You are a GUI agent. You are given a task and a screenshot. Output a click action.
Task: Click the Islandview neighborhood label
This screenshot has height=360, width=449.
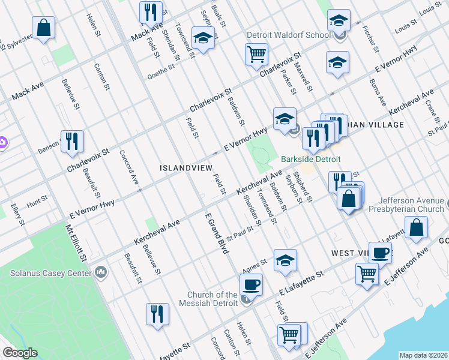click(183, 169)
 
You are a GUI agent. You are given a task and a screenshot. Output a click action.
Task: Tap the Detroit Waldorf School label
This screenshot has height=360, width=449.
click(289, 35)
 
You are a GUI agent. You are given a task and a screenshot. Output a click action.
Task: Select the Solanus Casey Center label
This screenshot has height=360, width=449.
click(50, 272)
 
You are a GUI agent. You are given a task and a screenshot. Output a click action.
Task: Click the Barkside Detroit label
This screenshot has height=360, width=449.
click(310, 159)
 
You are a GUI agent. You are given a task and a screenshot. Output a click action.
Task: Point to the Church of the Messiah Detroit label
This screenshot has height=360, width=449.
click(212, 299)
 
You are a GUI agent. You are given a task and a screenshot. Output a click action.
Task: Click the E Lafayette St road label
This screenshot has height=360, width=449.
click(302, 282)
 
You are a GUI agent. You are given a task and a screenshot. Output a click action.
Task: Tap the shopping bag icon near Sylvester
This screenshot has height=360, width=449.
click(44, 28)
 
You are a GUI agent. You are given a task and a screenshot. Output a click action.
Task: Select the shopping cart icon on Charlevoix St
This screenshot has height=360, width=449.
click(256, 55)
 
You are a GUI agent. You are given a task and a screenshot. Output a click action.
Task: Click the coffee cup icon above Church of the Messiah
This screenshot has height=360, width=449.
click(251, 284)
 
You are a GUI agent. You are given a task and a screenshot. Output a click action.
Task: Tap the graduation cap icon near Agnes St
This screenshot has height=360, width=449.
click(285, 260)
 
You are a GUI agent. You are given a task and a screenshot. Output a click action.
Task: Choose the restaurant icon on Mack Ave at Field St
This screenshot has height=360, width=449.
click(150, 12)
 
